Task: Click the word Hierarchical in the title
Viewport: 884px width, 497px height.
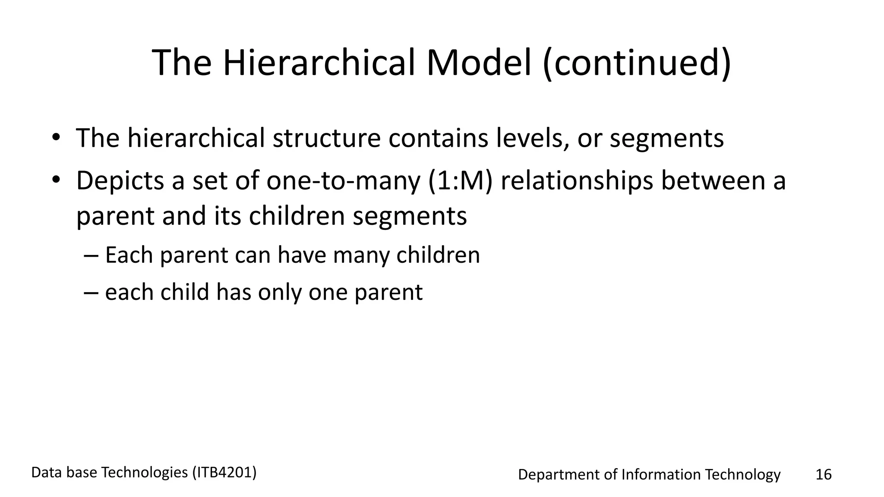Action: pyautogui.click(x=319, y=63)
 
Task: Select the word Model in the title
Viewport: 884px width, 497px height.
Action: pyautogui.click(x=478, y=63)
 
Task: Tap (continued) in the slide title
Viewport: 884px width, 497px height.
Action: pyautogui.click(x=637, y=63)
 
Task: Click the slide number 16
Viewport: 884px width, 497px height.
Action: pyautogui.click(x=823, y=475)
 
